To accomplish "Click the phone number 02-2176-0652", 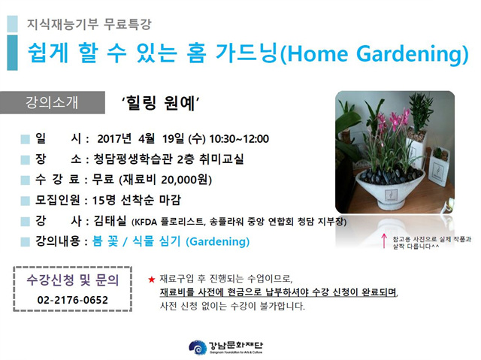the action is [73, 300].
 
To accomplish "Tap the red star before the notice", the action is [152, 280].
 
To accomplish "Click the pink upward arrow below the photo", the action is [384, 241].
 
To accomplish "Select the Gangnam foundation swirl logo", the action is [197, 347].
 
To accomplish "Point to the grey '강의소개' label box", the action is [53, 102].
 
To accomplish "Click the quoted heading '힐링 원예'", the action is [161, 103].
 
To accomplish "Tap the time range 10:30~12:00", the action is [239, 139].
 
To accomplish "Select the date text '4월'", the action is [147, 139].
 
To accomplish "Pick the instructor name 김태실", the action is [110, 220].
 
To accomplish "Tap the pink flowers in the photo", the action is [392, 120].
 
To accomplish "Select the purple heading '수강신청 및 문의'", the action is [73, 280].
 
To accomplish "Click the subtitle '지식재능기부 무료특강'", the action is [89, 24].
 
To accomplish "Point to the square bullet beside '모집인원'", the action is [25, 201].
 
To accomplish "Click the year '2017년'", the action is [114, 139].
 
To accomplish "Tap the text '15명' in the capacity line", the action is [104, 200].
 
